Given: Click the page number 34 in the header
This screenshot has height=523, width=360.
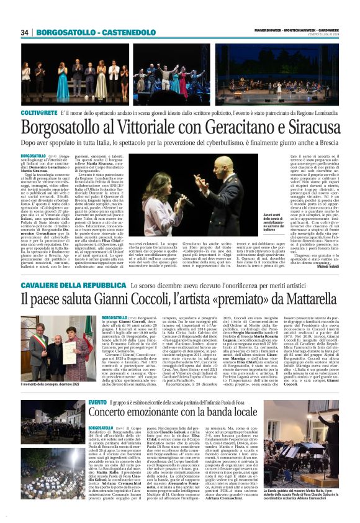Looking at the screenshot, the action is tap(25, 32).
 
